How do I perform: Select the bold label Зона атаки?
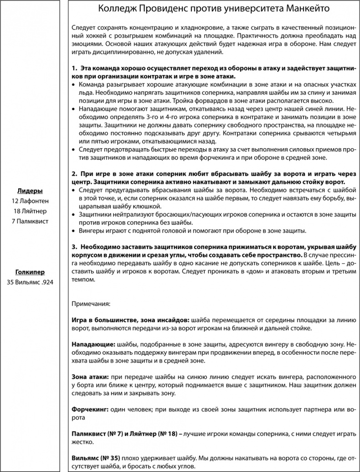[90, 377]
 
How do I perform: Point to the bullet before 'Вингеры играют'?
[75, 231]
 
